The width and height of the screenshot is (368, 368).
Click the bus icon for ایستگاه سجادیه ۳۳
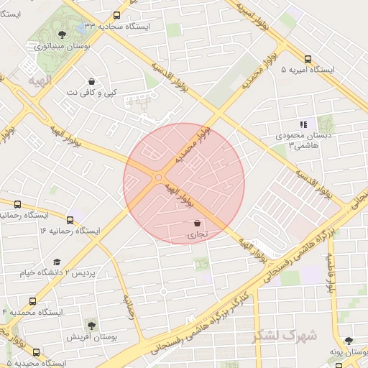click(x=117, y=15)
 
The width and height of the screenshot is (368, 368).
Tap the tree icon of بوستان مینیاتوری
click(x=63, y=34)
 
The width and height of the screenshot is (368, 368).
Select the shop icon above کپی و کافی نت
click(x=91, y=81)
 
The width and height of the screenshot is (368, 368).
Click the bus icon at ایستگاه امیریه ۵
click(x=308, y=60)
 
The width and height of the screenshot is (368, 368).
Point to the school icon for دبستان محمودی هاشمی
click(x=303, y=124)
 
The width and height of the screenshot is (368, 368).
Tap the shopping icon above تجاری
click(x=198, y=224)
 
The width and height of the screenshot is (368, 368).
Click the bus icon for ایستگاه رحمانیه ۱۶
click(x=70, y=220)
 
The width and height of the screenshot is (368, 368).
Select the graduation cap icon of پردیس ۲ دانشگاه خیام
click(x=57, y=262)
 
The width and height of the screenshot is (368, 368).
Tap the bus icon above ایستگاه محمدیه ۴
click(x=32, y=302)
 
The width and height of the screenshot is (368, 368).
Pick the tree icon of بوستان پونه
click(x=349, y=341)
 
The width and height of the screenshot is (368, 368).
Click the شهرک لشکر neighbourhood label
click(x=286, y=335)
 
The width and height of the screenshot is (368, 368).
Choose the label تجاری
click(x=198, y=235)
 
